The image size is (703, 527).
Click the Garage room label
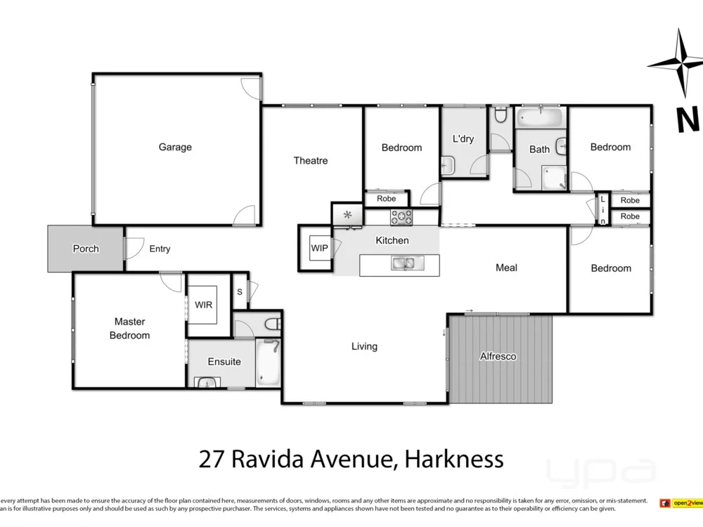[x=175, y=147]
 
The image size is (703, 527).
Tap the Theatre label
[x=311, y=161]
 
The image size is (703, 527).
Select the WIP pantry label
[x=319, y=248]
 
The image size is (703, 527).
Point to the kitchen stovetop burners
[x=402, y=217]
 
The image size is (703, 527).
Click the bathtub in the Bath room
[x=540, y=117]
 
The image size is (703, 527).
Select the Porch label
[x=86, y=249]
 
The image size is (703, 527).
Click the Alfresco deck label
[x=498, y=356]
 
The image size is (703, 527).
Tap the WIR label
[x=204, y=305]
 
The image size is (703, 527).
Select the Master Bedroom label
[x=129, y=328]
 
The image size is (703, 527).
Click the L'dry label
[x=463, y=138]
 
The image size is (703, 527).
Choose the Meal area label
[x=506, y=268]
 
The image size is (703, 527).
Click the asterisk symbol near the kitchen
[x=347, y=214]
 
